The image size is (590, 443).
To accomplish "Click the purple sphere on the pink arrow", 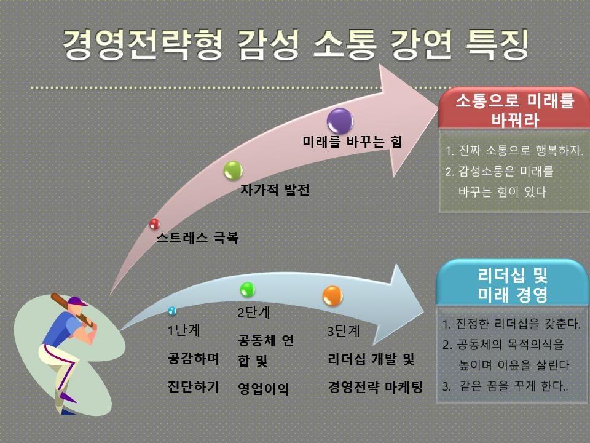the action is click(340, 121).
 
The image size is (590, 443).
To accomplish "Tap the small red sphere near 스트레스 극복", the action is click(155, 224).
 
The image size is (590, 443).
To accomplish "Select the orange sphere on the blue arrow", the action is click(332, 296).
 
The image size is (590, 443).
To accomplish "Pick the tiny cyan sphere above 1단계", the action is click(172, 311).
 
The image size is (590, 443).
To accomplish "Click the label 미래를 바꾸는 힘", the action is click(352, 142).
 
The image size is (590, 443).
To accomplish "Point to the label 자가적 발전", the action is click(275, 190).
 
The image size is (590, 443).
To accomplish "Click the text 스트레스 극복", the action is click(197, 237).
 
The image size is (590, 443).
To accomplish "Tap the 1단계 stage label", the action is click(184, 330).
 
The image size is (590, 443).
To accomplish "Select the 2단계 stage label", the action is click(254, 313).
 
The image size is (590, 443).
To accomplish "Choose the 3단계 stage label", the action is click(344, 331).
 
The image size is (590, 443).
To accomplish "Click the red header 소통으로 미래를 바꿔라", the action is click(514, 110).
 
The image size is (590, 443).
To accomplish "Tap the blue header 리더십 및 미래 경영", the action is click(512, 283).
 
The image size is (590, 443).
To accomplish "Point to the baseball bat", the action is click(71, 309).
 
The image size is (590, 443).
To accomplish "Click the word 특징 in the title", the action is click(497, 44).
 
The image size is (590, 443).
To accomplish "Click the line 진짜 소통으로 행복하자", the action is click(514, 150).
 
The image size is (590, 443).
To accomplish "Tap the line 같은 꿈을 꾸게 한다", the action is click(505, 386).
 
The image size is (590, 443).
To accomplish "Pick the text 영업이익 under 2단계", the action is click(264, 388).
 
